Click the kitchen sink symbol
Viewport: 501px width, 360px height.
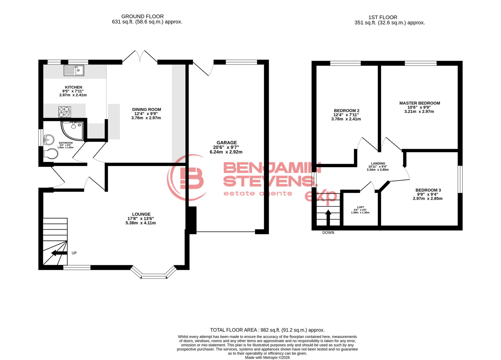pos(74,70)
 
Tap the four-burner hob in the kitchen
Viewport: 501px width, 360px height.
pos(65,112)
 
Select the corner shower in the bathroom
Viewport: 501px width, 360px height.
pos(72,131)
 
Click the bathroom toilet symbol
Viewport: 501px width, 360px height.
pos(51,154)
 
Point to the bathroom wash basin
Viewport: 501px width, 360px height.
pos(49,140)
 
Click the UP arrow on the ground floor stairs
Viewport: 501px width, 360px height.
pos(59,253)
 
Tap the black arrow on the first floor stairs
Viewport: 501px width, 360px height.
pos(328,217)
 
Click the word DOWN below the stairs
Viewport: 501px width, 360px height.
pos(328,232)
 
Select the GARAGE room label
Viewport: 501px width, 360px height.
pos(226,143)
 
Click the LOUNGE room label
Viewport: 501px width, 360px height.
pos(141,214)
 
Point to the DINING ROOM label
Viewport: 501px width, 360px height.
pos(147,109)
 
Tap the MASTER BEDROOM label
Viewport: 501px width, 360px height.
pos(420,103)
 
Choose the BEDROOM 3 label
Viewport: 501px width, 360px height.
pos(428,190)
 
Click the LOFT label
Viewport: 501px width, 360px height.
pos(361,207)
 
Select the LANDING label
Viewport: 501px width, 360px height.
pos(378,164)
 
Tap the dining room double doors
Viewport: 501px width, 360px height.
pos(140,56)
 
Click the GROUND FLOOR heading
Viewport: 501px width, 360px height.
pos(143,16)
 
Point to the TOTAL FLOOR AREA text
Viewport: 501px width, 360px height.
pos(267,330)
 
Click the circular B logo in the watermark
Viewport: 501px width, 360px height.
pos(187,178)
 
